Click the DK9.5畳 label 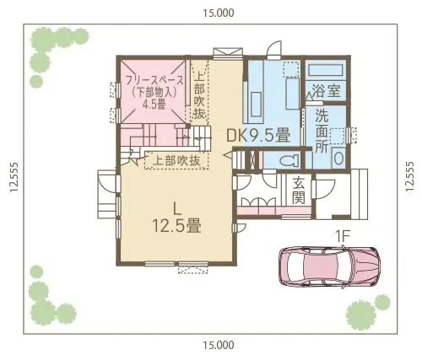[x=257, y=134]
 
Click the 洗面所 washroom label [x=322, y=131]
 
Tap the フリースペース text [x=151, y=79]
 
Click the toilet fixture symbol [x=286, y=159]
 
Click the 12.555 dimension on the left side [x=12, y=179]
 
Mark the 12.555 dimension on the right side [x=410, y=179]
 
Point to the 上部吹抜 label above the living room [x=177, y=159]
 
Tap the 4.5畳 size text [x=153, y=105]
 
